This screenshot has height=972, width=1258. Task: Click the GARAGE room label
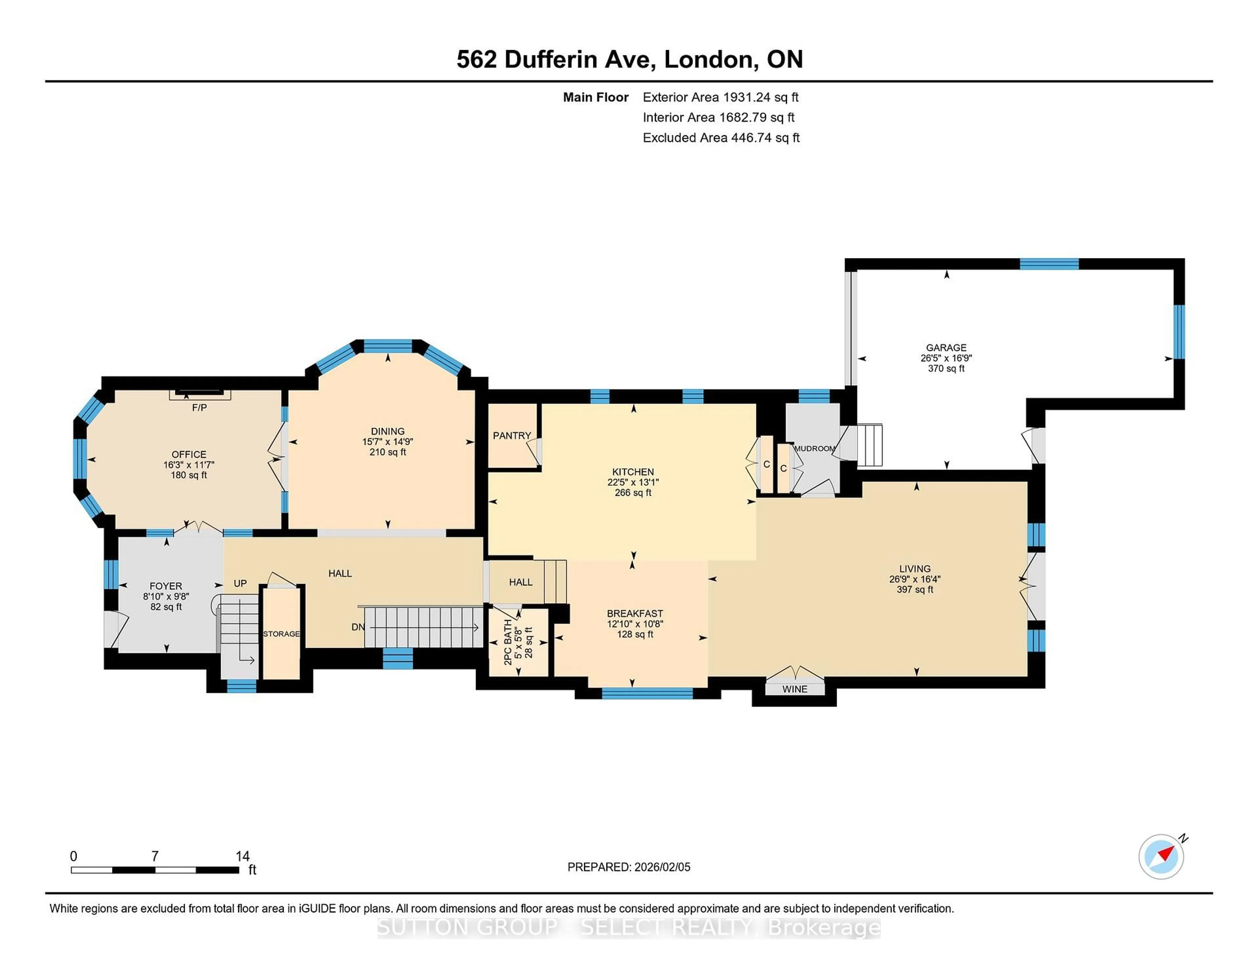tap(946, 347)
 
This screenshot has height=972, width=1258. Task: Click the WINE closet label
tap(794, 689)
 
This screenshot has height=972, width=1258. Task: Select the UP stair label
tap(240, 583)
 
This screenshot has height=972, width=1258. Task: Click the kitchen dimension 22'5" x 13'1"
tap(633, 482)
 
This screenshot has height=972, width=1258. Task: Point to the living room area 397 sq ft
tap(915, 589)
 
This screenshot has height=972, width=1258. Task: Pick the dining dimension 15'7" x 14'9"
tap(388, 442)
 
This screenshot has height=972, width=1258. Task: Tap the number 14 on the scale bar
tap(242, 856)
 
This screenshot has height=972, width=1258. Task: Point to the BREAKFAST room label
tap(635, 614)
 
